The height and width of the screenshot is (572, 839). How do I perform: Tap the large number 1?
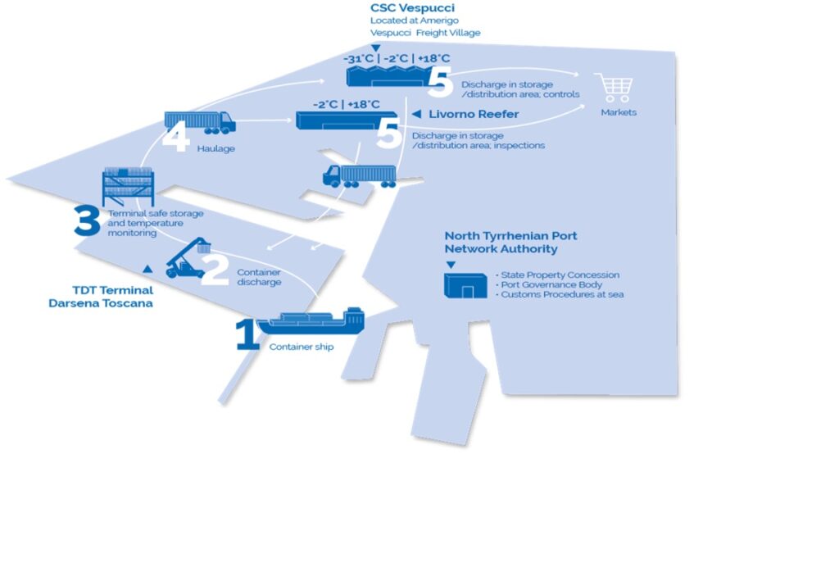[x=247, y=335]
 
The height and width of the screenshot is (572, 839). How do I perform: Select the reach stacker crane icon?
[x=188, y=257]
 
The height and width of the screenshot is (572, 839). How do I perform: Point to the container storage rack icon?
[x=128, y=187]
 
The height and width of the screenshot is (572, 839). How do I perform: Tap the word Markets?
[x=619, y=112]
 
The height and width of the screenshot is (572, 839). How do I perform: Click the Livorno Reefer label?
[x=474, y=114]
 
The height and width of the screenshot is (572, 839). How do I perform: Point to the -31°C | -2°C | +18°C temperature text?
[x=397, y=58]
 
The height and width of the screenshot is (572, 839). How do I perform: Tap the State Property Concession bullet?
[x=560, y=275]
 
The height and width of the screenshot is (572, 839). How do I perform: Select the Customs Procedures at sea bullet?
[x=562, y=294]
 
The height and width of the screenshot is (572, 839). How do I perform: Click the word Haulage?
[x=216, y=148]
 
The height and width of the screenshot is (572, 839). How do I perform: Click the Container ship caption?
[x=302, y=347]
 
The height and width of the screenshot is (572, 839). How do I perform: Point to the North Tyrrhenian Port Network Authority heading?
[x=510, y=242]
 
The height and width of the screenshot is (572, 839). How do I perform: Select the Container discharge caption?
[x=259, y=277]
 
